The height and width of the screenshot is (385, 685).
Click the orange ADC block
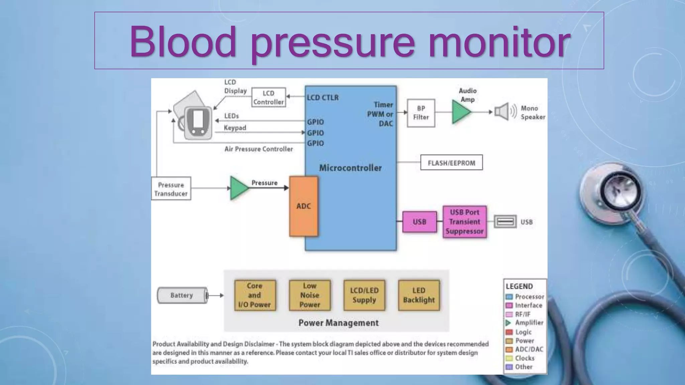(x=303, y=206)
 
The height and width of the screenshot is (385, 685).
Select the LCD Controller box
(x=269, y=98)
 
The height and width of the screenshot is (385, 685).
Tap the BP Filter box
(x=421, y=113)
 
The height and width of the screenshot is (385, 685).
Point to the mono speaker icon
(x=502, y=112)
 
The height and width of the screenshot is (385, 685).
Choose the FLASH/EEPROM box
(x=451, y=163)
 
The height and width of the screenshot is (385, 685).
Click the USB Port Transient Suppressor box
(x=464, y=222)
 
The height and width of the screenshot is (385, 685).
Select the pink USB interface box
(x=419, y=222)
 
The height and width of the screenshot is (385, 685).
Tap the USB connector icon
(x=505, y=222)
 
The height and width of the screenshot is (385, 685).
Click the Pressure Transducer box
(x=171, y=189)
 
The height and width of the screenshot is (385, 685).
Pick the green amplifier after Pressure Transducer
(x=238, y=188)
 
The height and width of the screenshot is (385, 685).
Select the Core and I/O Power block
(x=255, y=295)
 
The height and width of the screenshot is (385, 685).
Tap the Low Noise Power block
(x=310, y=295)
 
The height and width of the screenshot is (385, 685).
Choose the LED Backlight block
(x=419, y=295)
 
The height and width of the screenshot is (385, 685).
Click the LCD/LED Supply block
(x=364, y=295)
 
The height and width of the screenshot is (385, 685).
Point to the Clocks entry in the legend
(x=524, y=358)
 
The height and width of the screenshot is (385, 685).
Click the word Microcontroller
(x=350, y=168)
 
